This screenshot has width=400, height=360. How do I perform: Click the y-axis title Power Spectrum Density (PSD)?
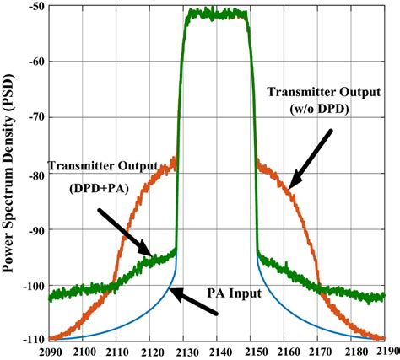pyautogui.click(x=10, y=174)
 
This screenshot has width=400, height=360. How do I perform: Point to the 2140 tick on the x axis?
pyautogui.click(x=219, y=352)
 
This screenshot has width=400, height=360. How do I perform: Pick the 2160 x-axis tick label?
pyautogui.click(x=285, y=352)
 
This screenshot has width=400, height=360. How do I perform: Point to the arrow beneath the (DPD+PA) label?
pyautogui.click(x=125, y=231)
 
